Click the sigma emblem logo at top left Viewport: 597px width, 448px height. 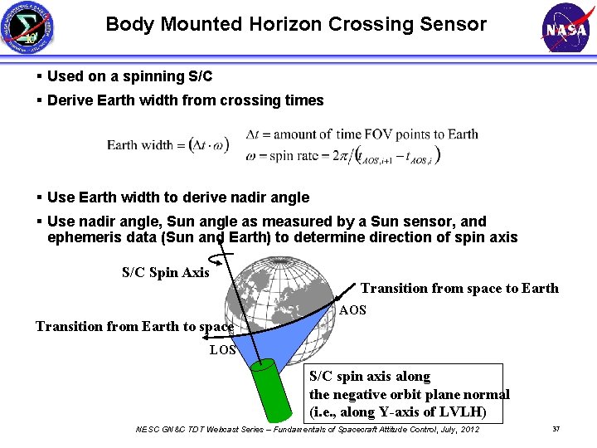coord(29,28)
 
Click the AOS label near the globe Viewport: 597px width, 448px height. coord(352,310)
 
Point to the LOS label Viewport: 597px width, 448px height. coord(222,350)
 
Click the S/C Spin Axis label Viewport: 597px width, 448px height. coord(166,272)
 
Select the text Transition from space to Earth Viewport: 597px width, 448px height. coord(459,289)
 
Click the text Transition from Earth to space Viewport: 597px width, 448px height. coord(134,326)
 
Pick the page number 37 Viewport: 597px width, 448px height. coord(556,429)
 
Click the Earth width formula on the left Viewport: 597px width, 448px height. coord(167,144)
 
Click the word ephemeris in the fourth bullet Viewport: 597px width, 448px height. coord(84,237)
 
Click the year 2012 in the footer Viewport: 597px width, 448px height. coord(468,429)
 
